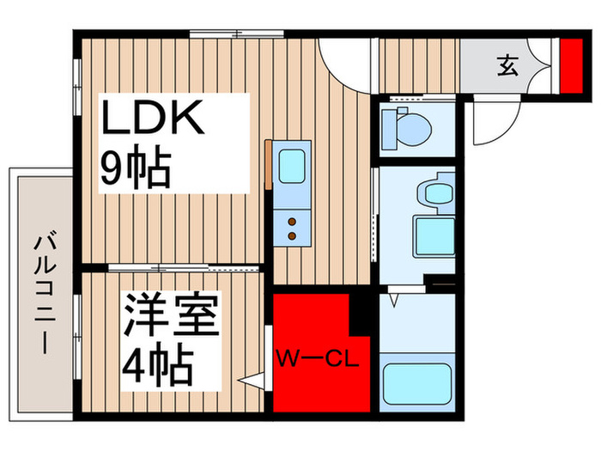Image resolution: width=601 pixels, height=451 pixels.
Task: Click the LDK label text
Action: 154,119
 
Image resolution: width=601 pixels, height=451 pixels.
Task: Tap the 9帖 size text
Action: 136,167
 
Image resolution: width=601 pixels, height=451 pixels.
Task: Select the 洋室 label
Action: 170,316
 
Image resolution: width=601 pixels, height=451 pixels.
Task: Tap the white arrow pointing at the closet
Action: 251,378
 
